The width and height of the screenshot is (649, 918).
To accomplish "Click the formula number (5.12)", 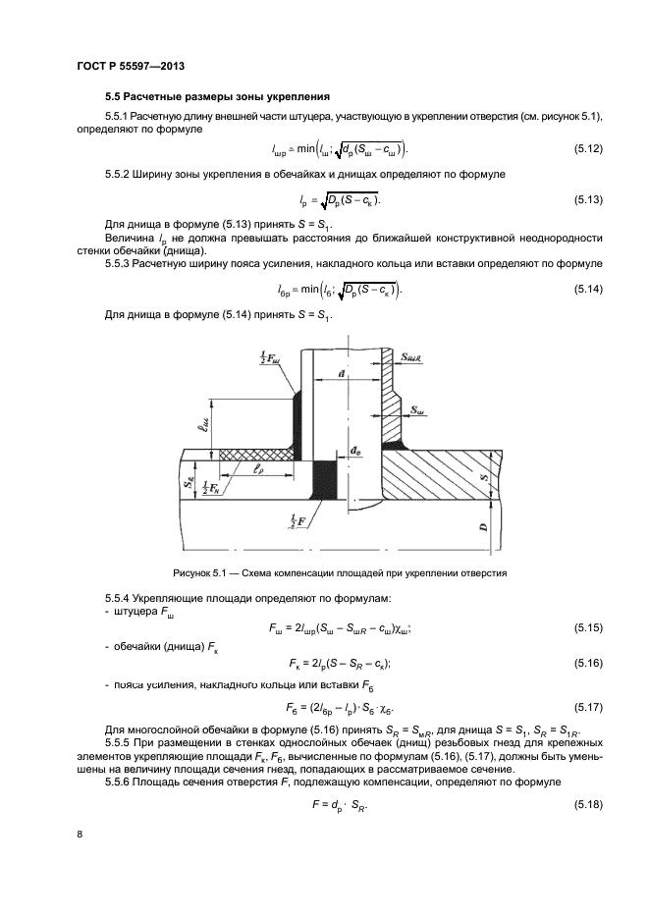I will [x=587, y=148].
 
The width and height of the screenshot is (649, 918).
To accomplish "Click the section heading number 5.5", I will [x=114, y=96].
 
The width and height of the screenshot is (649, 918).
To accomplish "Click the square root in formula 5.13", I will [x=339, y=201].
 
